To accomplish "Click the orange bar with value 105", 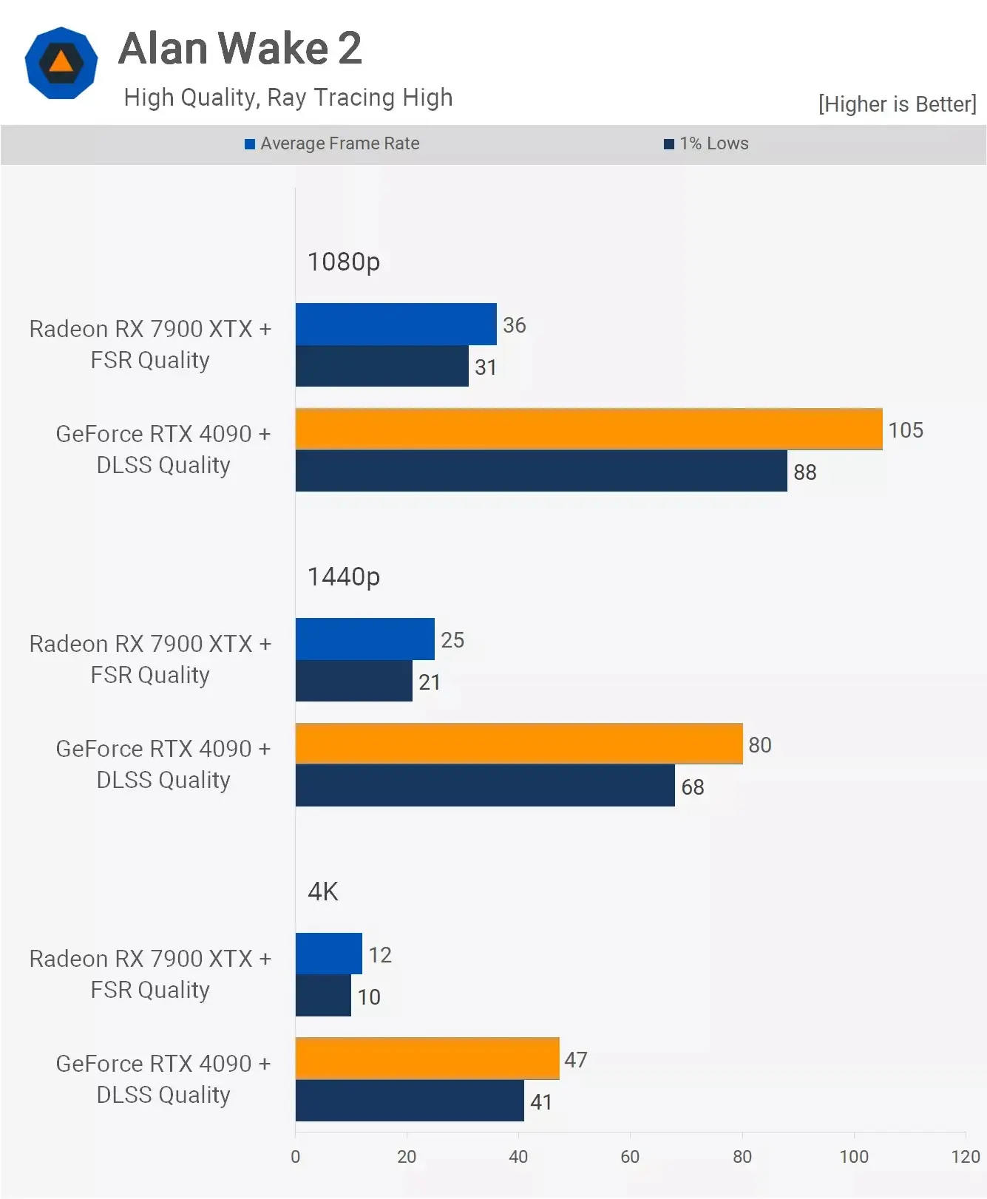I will [x=589, y=429].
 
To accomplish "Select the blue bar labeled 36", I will [x=396, y=324].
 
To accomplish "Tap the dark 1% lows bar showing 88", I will [x=540, y=471].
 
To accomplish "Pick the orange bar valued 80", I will [x=518, y=744].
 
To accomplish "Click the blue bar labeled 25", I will [x=364, y=639].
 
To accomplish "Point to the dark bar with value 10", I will [x=323, y=996].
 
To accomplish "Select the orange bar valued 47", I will [x=427, y=1059].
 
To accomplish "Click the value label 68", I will [x=693, y=787].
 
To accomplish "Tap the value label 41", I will [x=541, y=1101].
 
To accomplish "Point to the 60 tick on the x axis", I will [x=630, y=1156].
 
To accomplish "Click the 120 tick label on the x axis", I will [x=965, y=1156].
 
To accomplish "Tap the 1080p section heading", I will [x=344, y=262].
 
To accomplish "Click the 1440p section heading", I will [x=344, y=577].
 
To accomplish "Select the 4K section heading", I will [x=323, y=891].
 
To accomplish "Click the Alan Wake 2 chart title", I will [x=240, y=49].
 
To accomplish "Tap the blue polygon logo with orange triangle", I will [x=61, y=63].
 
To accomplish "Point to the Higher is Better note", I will [x=897, y=104].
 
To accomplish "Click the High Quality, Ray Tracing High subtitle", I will [x=288, y=98].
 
